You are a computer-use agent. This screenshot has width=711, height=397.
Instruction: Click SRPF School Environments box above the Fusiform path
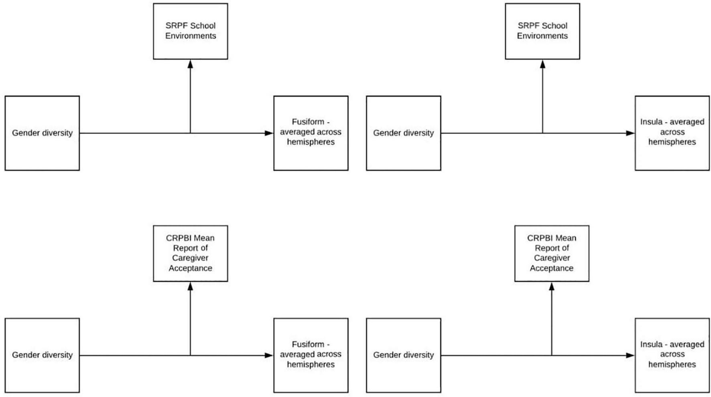[190, 31]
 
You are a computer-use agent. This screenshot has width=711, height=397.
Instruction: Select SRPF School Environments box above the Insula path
[542, 31]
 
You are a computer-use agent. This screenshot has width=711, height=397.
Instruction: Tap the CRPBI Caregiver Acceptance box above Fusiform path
[190, 253]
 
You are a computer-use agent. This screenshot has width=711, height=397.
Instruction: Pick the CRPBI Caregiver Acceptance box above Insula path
[551, 253]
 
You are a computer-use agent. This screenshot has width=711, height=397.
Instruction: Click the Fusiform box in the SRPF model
[311, 133]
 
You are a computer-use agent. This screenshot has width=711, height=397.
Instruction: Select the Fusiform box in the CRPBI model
[311, 355]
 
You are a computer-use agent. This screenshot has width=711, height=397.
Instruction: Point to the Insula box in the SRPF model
[672, 133]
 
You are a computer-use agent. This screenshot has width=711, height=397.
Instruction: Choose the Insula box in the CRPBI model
[672, 355]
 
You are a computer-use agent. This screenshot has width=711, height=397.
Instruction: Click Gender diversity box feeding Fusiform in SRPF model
[42, 133]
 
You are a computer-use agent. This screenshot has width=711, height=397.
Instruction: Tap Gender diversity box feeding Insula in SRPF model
[403, 133]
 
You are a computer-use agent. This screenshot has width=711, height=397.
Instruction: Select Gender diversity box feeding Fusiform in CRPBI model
[42, 355]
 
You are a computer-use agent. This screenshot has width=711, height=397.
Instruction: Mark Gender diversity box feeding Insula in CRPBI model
[403, 355]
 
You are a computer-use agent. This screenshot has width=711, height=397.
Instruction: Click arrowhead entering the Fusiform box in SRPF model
[269, 133]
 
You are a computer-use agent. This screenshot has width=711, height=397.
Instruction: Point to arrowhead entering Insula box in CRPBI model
[630, 355]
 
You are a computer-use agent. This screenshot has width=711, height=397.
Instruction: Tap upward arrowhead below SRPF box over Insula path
[542, 64]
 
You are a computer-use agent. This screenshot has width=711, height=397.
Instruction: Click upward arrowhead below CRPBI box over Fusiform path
[190, 286]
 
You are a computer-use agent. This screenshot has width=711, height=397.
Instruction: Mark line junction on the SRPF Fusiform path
[190, 133]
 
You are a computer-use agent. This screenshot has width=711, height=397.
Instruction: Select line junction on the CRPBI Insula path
[551, 355]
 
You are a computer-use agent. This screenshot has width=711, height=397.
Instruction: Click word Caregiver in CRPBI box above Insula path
[551, 258]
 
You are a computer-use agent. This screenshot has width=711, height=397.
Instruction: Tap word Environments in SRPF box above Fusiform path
[190, 36]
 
